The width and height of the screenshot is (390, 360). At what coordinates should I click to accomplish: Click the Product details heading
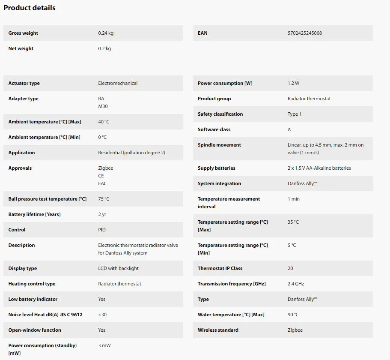click(x=30, y=8)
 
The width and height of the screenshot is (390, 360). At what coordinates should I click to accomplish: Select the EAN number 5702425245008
click(x=304, y=33)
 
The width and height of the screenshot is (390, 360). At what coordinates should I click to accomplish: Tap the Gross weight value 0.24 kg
click(x=106, y=33)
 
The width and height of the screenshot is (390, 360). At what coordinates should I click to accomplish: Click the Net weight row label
click(x=21, y=48)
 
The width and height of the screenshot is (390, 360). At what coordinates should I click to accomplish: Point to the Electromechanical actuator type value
click(x=118, y=83)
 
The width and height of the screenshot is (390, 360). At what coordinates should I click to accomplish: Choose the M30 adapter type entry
click(x=103, y=106)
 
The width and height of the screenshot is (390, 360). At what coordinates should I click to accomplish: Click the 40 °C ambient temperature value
click(x=104, y=122)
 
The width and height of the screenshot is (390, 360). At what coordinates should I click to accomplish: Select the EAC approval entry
click(x=102, y=183)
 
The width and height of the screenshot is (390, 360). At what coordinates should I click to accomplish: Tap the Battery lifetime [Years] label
click(x=34, y=214)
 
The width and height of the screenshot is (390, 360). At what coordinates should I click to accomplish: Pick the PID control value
click(x=102, y=230)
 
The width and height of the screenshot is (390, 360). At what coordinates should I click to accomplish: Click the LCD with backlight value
click(x=118, y=268)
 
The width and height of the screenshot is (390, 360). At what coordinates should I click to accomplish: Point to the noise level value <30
click(x=102, y=315)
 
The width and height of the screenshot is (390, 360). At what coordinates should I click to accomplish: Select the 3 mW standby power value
click(x=104, y=345)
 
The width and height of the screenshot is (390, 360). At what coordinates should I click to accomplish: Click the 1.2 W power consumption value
click(x=293, y=83)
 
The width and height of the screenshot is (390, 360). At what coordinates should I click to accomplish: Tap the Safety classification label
click(x=220, y=114)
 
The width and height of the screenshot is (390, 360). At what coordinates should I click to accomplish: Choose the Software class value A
click(x=289, y=129)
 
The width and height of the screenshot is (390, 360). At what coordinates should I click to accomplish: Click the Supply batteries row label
click(x=216, y=168)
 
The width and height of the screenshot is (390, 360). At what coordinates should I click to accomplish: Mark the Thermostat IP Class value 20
click(x=290, y=268)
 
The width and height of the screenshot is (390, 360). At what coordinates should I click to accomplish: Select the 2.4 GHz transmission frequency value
click(x=296, y=284)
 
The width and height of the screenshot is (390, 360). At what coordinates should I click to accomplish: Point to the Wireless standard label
click(x=218, y=330)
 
